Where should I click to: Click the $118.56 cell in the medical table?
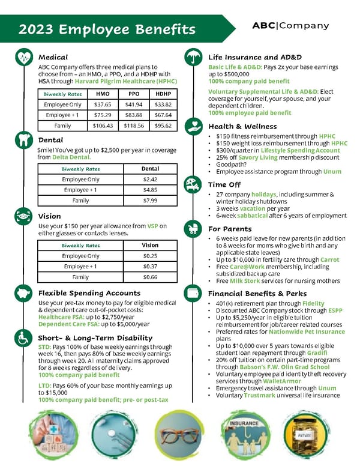[x=134, y=126]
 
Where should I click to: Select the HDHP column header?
[x=163, y=94]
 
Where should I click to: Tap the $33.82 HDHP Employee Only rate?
[x=163, y=104]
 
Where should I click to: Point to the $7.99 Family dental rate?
[x=149, y=201]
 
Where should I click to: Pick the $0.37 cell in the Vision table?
[x=150, y=266]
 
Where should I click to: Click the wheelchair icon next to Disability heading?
[x=23, y=337]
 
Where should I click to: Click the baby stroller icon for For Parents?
[x=193, y=229]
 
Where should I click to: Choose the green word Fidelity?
[x=313, y=304]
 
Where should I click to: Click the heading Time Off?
[x=225, y=184]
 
